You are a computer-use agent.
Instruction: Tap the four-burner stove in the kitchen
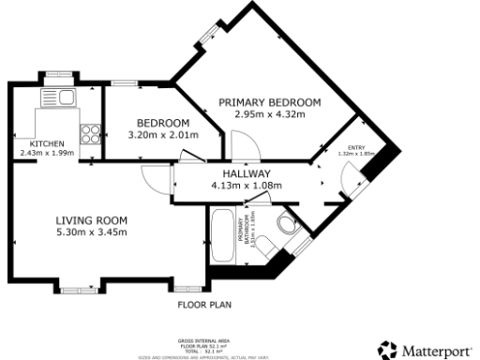coord(92,133)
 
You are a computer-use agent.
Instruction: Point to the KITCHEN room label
coord(47,143)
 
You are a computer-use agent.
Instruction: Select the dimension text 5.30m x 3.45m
coord(91,232)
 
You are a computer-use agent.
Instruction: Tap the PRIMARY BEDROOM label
coord(270,102)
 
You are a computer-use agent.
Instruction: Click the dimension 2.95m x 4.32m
coord(270,114)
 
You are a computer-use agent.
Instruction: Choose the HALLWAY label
coord(247,173)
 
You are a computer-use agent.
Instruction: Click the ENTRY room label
coord(356,147)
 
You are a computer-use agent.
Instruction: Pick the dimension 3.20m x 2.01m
coord(163,135)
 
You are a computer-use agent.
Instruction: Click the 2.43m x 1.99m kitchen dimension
coord(47,153)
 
